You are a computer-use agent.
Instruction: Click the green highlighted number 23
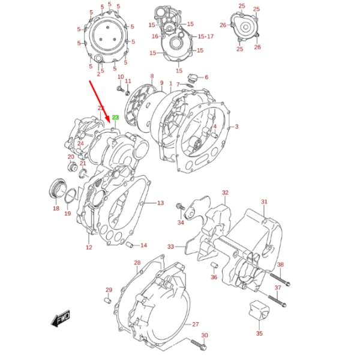[x=116, y=118]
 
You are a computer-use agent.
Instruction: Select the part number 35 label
[x=259, y=334]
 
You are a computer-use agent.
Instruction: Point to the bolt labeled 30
[x=199, y=345]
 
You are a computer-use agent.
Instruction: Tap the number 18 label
[x=56, y=209]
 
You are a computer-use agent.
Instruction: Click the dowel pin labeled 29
[x=108, y=301]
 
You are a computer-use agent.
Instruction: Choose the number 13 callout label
[x=160, y=203]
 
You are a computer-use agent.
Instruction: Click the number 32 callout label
[x=225, y=193]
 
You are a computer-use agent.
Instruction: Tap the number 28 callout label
[x=137, y=263]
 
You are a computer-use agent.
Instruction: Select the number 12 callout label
[x=89, y=247]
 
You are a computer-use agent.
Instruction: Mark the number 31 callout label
[x=263, y=202]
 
